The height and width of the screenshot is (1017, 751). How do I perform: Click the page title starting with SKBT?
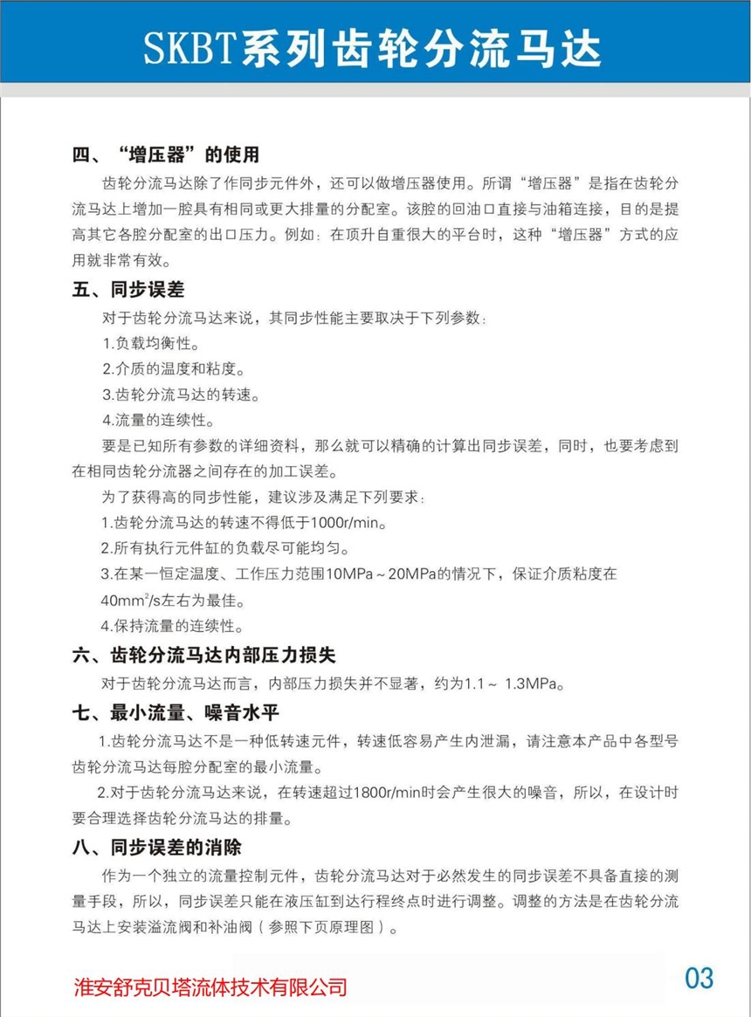pos(373,48)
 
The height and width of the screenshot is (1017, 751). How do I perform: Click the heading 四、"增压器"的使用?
pos(166,155)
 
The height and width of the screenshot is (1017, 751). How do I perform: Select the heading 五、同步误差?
pos(127,289)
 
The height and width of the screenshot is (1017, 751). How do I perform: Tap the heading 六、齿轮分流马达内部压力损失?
pos(204,655)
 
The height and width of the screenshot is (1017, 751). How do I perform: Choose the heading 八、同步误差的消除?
pos(156,847)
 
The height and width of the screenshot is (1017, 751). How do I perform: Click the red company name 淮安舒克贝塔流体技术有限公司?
pos(210,987)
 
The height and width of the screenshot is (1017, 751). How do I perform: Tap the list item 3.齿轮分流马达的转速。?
pos(181,395)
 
